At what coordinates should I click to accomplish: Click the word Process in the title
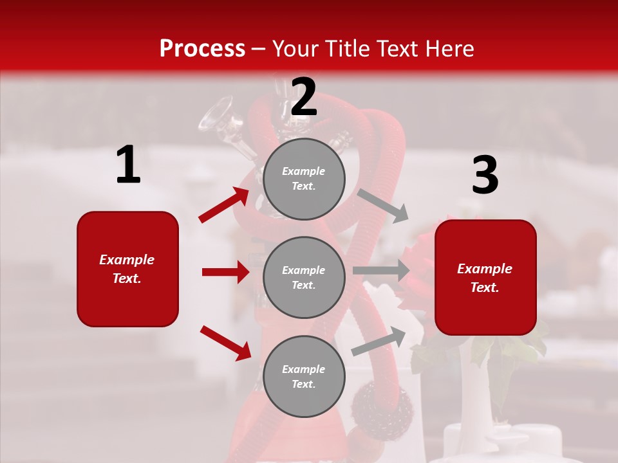click(202, 49)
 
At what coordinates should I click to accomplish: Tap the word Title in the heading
click(346, 49)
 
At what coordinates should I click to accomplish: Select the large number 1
click(128, 165)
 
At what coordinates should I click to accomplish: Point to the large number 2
click(304, 97)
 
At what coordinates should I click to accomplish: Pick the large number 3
click(485, 176)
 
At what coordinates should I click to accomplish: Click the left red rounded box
click(127, 269)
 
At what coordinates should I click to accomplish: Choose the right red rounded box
click(485, 277)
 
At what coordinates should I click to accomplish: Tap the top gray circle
click(304, 179)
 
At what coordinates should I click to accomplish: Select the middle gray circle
click(304, 277)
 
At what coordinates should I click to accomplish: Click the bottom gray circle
click(304, 376)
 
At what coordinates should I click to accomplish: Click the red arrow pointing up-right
click(224, 204)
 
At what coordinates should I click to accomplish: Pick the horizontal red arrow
click(225, 272)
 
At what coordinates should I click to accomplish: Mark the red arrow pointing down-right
click(225, 342)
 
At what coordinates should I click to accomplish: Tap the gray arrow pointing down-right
click(382, 205)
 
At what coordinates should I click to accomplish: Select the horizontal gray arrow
click(380, 271)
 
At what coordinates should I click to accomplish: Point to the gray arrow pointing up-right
click(379, 341)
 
